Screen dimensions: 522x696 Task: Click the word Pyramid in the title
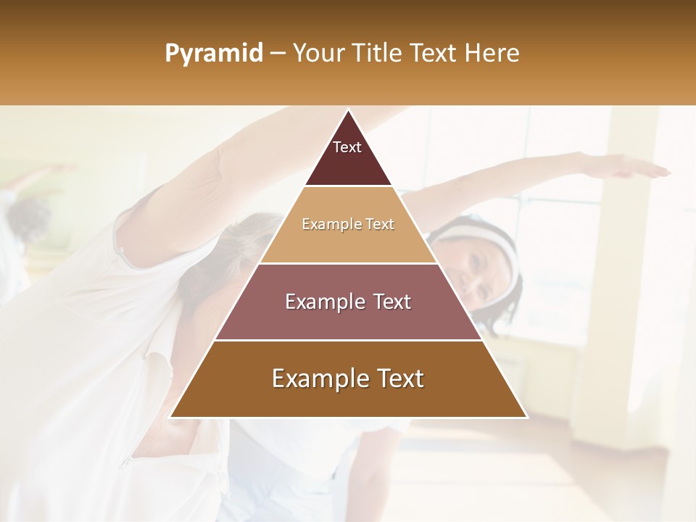click(x=213, y=54)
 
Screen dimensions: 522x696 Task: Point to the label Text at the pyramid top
click(x=347, y=147)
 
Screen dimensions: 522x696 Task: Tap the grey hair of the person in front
click(x=239, y=239)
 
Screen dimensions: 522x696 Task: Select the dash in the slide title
click(x=277, y=54)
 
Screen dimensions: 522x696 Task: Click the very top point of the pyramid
click(x=348, y=111)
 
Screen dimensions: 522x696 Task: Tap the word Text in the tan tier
click(x=380, y=224)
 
